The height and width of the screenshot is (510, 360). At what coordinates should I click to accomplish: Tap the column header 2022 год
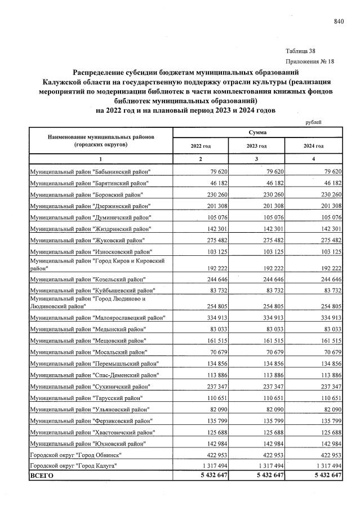coord(200,146)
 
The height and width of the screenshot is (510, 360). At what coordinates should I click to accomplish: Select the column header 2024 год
coord(313,146)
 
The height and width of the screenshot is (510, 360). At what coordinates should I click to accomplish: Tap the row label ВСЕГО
coord(41,476)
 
